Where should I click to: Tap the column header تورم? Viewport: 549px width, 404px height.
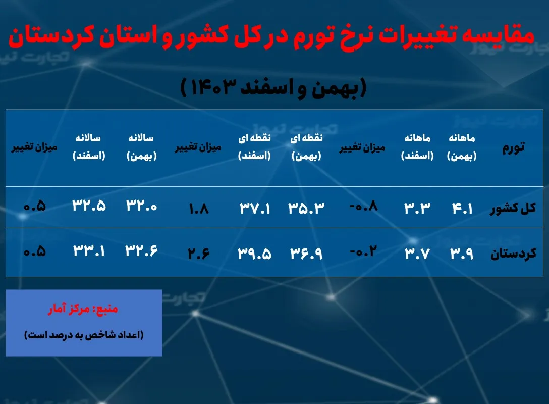[x=514, y=147]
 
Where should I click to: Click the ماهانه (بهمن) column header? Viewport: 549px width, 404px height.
[x=462, y=147]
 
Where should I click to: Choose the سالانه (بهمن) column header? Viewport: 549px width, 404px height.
[x=142, y=147]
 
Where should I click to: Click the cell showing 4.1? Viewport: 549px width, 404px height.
[x=462, y=208]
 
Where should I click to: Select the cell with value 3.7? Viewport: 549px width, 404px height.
[x=417, y=252]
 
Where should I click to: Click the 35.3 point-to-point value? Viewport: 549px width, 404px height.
[x=306, y=208]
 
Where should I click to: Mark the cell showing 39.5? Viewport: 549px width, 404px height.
[x=255, y=253]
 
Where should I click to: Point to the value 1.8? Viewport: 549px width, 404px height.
[x=198, y=208]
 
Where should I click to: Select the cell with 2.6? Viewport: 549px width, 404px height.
[x=198, y=252]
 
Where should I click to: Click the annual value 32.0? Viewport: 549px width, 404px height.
[x=142, y=207]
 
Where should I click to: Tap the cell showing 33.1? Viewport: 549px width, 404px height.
[x=89, y=251]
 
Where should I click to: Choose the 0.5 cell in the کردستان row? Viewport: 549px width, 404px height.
[x=34, y=251]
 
